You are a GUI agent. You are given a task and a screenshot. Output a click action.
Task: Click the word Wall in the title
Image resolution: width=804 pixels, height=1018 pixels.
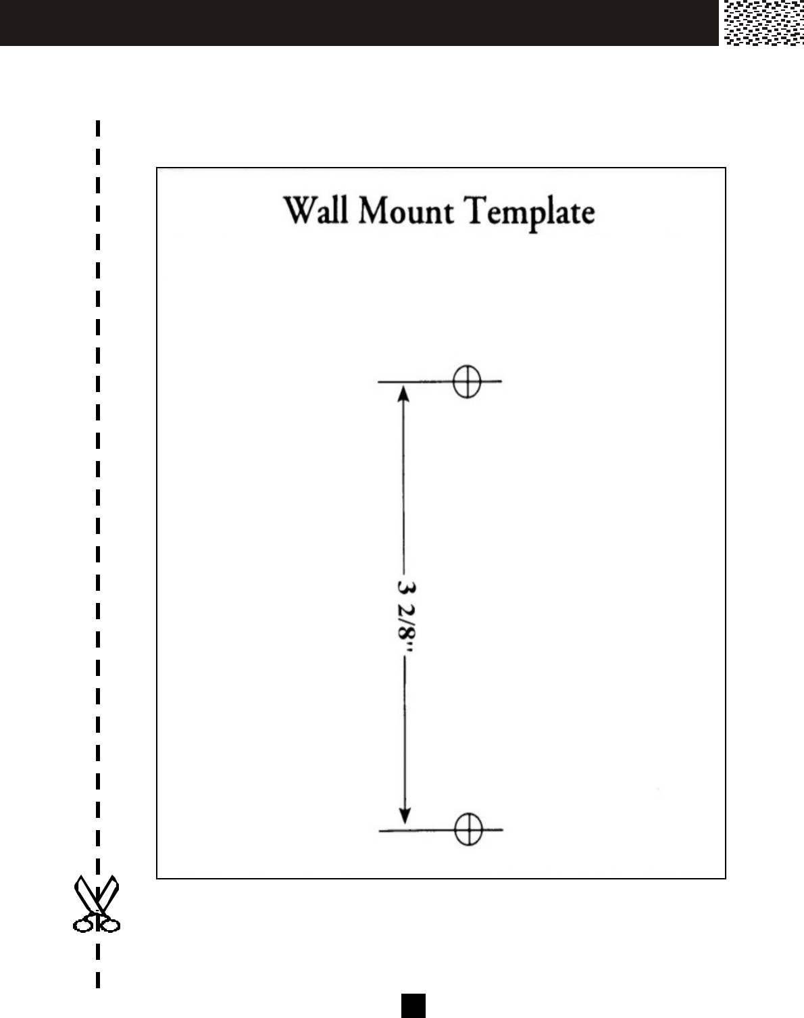coord(316,210)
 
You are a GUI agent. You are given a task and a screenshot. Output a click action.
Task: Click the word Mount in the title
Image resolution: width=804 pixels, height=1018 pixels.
coord(405,210)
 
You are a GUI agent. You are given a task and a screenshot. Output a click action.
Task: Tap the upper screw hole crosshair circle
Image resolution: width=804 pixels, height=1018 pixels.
coord(467,381)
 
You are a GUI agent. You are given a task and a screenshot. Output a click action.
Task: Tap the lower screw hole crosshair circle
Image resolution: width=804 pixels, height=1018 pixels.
coord(468,829)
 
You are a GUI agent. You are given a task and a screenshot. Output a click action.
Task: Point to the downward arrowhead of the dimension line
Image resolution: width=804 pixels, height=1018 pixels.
coord(404,815)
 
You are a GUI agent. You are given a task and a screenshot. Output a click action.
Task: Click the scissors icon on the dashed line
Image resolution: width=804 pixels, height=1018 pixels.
coord(97,904)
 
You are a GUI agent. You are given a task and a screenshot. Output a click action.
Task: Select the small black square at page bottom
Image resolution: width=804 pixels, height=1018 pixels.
coord(413,1006)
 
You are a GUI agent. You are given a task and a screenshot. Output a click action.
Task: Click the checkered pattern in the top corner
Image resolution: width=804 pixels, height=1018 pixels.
coord(763,23)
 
